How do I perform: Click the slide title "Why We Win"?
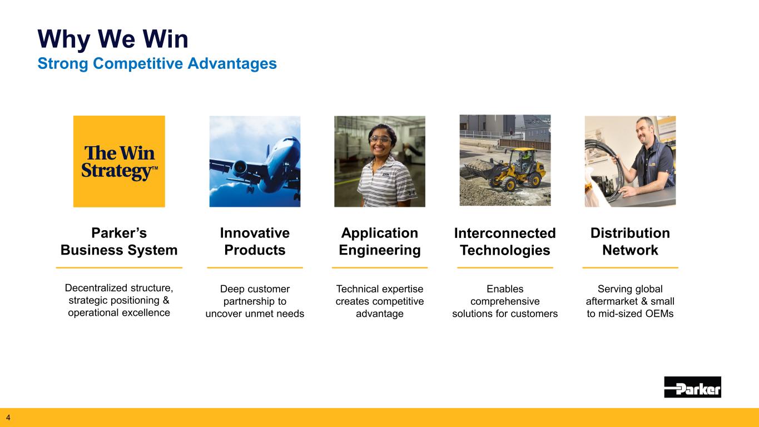(113, 39)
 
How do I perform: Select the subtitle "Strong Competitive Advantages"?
(157, 63)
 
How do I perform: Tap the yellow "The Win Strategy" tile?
(119, 161)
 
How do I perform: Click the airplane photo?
(255, 161)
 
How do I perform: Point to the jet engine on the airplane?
(240, 166)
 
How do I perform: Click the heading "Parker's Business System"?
(119, 241)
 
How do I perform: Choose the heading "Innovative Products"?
(255, 241)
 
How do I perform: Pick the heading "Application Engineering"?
(380, 241)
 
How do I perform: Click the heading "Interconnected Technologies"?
(505, 241)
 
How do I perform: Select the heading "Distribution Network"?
(630, 241)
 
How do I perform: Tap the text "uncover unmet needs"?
(255, 314)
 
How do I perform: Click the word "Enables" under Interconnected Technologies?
(505, 289)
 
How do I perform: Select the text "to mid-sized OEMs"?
(630, 314)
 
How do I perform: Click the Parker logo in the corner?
(692, 387)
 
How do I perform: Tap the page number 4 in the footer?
(8, 417)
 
